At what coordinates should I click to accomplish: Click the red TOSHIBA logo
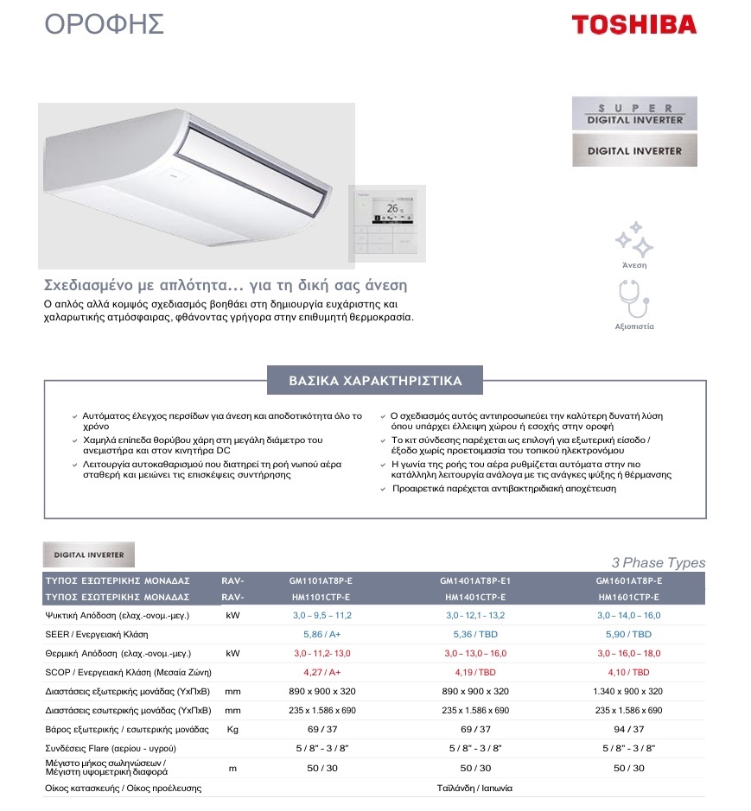click(633, 24)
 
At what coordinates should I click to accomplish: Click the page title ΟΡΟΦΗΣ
click(104, 24)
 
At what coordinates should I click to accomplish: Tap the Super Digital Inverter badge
click(634, 114)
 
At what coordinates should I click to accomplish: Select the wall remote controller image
click(389, 222)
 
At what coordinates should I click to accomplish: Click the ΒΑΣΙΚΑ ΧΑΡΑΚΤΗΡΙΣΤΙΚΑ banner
click(375, 381)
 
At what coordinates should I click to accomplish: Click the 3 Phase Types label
click(658, 563)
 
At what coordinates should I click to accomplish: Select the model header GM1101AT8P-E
click(321, 581)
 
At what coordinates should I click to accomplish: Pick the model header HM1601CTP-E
click(628, 597)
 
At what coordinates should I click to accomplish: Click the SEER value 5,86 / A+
click(321, 634)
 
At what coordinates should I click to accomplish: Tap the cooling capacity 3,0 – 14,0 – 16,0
click(628, 616)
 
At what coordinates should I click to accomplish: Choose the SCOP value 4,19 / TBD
click(474, 672)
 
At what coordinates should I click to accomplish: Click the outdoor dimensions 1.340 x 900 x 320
click(628, 691)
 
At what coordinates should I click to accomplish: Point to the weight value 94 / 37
click(628, 729)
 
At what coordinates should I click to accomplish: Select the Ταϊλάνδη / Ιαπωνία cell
click(474, 788)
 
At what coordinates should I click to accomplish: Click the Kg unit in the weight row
click(232, 729)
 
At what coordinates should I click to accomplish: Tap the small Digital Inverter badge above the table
click(89, 554)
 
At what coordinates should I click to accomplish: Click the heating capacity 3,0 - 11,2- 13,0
click(321, 653)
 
